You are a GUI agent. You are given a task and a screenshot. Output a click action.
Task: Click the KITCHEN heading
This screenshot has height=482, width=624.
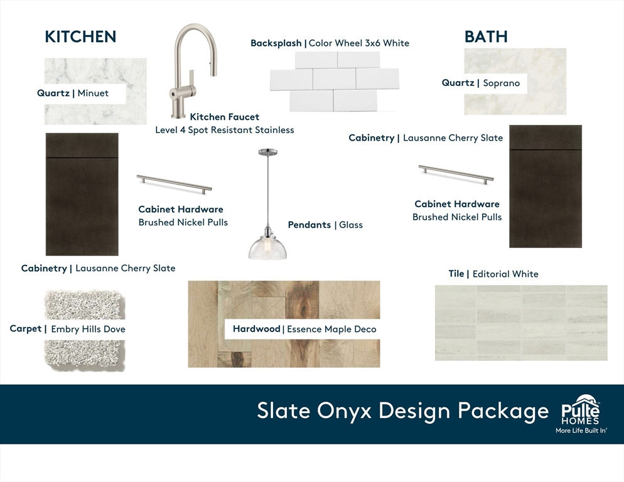coord(80,36)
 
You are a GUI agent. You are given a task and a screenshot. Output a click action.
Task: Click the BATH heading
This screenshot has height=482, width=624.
coord(486,36)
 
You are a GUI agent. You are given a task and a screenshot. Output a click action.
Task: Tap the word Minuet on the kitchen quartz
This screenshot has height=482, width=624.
coord(93,93)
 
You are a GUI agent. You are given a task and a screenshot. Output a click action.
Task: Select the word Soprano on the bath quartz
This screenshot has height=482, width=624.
coord(502,83)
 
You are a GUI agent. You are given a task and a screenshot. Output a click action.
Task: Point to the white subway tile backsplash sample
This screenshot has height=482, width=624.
coord(334,82)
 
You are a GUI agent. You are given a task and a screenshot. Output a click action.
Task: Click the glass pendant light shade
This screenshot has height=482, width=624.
coord(267,247)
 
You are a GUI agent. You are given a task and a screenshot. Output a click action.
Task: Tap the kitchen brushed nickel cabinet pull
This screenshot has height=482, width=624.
coord(175,184)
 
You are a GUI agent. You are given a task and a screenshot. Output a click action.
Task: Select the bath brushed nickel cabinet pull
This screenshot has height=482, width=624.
coord(456,174)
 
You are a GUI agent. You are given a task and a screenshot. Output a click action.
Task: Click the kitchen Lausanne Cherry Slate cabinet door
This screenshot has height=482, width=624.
coord(82,194)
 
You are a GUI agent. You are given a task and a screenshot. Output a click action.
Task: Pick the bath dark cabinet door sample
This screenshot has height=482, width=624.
coord(546,186)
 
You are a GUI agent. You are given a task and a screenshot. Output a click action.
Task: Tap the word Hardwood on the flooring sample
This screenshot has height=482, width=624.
coord(257,329)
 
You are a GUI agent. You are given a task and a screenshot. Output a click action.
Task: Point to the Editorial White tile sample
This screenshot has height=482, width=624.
coord(521,323)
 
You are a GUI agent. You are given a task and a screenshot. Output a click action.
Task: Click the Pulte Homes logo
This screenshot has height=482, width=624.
coord(581,410)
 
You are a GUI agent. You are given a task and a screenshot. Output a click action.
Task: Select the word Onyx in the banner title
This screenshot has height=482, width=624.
coord(344,410)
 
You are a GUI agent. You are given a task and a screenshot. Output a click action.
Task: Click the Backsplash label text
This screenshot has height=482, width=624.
coord(276,43)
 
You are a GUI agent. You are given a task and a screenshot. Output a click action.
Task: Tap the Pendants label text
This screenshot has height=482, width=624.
coord(309,225)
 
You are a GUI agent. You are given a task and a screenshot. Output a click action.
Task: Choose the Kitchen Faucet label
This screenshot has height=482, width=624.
coord(225,117)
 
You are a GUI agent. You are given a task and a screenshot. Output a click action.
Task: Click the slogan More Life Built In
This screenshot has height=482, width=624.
coord(581,431)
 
